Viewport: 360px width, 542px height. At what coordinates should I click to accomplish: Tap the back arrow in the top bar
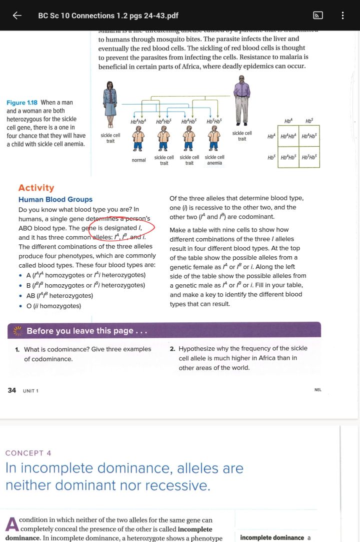[17, 16]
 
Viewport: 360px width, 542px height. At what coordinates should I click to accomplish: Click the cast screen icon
[317, 16]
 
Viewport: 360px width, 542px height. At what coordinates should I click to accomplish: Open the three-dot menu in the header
[343, 16]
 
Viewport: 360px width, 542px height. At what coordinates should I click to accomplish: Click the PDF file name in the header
[108, 16]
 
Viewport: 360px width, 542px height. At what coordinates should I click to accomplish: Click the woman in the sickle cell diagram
[109, 105]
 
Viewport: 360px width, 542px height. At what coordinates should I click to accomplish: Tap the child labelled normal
[138, 139]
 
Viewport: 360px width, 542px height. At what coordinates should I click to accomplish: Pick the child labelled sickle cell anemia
[214, 139]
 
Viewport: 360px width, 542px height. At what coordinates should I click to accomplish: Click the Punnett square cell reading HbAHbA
[288, 137]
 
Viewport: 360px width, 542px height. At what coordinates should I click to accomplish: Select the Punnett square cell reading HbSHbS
[309, 158]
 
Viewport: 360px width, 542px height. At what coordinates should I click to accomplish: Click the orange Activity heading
[36, 188]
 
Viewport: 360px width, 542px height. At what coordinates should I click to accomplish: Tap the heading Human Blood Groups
[55, 200]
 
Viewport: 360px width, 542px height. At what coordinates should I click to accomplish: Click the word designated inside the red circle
[120, 228]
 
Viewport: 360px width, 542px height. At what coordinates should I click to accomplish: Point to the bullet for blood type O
[20, 306]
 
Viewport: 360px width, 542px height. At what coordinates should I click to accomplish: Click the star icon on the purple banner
[19, 331]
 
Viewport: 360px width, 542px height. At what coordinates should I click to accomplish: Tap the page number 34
[12, 390]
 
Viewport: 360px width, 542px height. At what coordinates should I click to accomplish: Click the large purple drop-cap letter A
[11, 524]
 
